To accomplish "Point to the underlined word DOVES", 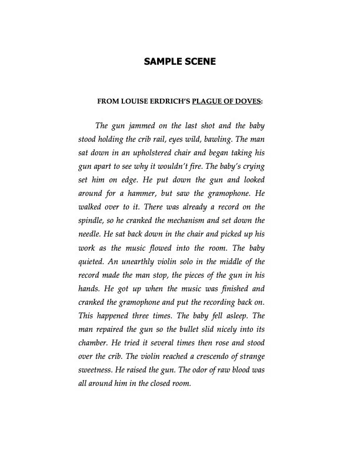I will coord(249,101).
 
